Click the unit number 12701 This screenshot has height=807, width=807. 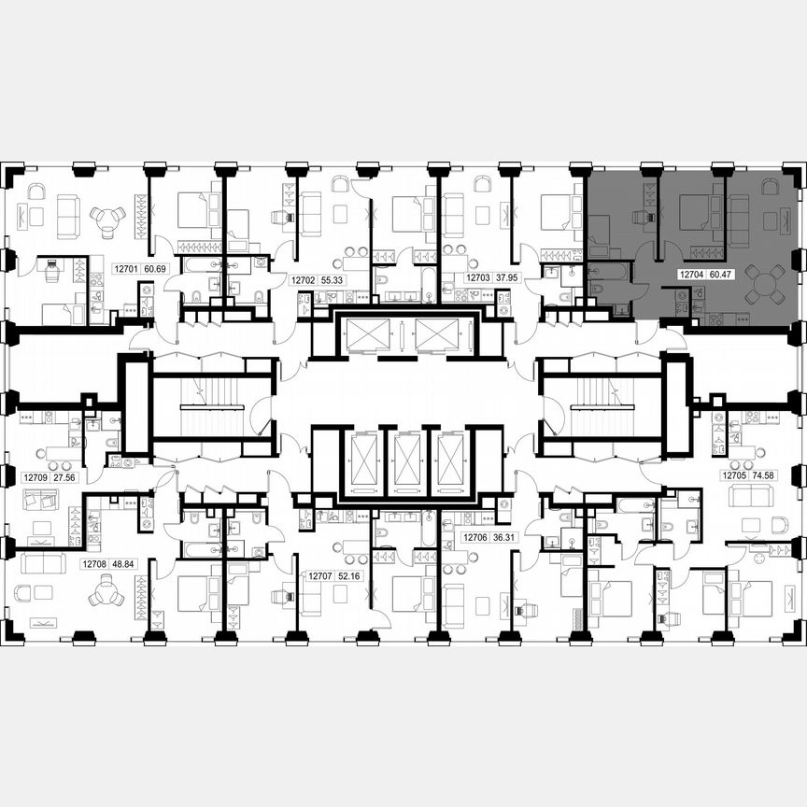[125, 269]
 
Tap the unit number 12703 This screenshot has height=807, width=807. [477, 277]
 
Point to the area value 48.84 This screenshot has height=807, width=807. [123, 564]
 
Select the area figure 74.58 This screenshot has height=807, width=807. [765, 474]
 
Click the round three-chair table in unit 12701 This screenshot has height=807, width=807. [107, 220]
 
